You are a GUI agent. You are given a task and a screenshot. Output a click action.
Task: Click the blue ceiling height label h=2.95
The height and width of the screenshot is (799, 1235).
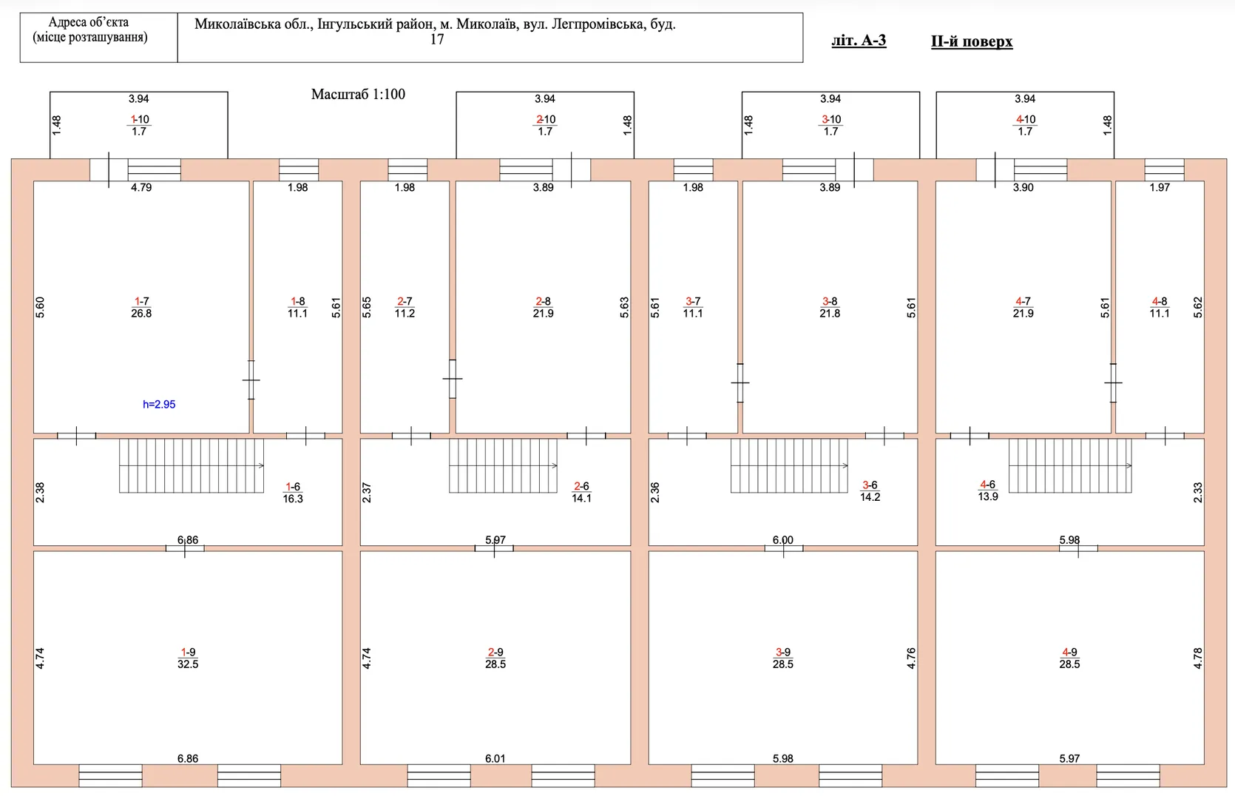click(x=159, y=404)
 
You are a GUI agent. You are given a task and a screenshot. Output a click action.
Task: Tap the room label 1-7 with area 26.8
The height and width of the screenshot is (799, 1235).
click(x=142, y=307)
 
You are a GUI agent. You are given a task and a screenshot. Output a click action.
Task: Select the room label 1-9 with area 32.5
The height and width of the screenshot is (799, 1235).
click(x=188, y=658)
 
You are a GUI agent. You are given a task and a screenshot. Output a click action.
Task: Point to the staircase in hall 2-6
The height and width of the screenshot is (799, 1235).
click(x=503, y=465)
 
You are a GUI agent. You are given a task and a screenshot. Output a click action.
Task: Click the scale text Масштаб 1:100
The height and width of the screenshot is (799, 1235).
click(x=358, y=94)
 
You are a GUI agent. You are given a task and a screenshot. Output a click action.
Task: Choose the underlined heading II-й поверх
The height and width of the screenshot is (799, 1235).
click(x=972, y=42)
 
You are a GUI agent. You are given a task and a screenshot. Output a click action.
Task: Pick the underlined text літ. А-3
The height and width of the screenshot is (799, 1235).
click(x=859, y=41)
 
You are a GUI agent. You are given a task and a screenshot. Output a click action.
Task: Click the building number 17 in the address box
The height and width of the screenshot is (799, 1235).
click(x=436, y=40)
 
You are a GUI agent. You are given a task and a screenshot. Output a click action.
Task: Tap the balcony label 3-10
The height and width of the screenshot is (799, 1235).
click(x=831, y=125)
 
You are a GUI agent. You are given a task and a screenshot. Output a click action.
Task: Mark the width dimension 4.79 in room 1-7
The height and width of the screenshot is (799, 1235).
click(x=141, y=187)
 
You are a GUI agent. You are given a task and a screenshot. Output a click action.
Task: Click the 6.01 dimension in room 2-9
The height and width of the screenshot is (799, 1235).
click(x=495, y=759)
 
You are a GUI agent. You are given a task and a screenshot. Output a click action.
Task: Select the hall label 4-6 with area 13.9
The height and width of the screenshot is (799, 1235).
click(x=987, y=490)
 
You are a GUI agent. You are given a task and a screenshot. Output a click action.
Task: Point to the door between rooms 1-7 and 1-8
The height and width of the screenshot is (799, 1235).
click(x=251, y=380)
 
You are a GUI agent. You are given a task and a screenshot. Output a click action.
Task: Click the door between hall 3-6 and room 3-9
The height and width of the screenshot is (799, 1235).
click(x=783, y=549)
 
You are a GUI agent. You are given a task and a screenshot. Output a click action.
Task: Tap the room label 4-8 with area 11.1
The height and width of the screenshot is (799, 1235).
click(x=1160, y=307)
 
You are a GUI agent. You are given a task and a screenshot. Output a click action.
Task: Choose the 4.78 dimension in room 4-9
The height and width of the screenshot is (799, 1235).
click(x=1197, y=658)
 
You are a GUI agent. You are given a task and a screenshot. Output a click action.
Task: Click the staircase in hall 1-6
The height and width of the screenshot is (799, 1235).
click(x=192, y=465)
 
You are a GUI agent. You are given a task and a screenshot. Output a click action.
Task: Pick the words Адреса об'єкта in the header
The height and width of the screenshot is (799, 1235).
click(x=88, y=22)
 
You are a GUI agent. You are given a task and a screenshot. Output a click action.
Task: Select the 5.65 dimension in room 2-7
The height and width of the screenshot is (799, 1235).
click(x=367, y=307)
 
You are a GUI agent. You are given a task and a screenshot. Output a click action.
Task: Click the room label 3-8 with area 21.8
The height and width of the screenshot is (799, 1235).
click(x=830, y=307)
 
